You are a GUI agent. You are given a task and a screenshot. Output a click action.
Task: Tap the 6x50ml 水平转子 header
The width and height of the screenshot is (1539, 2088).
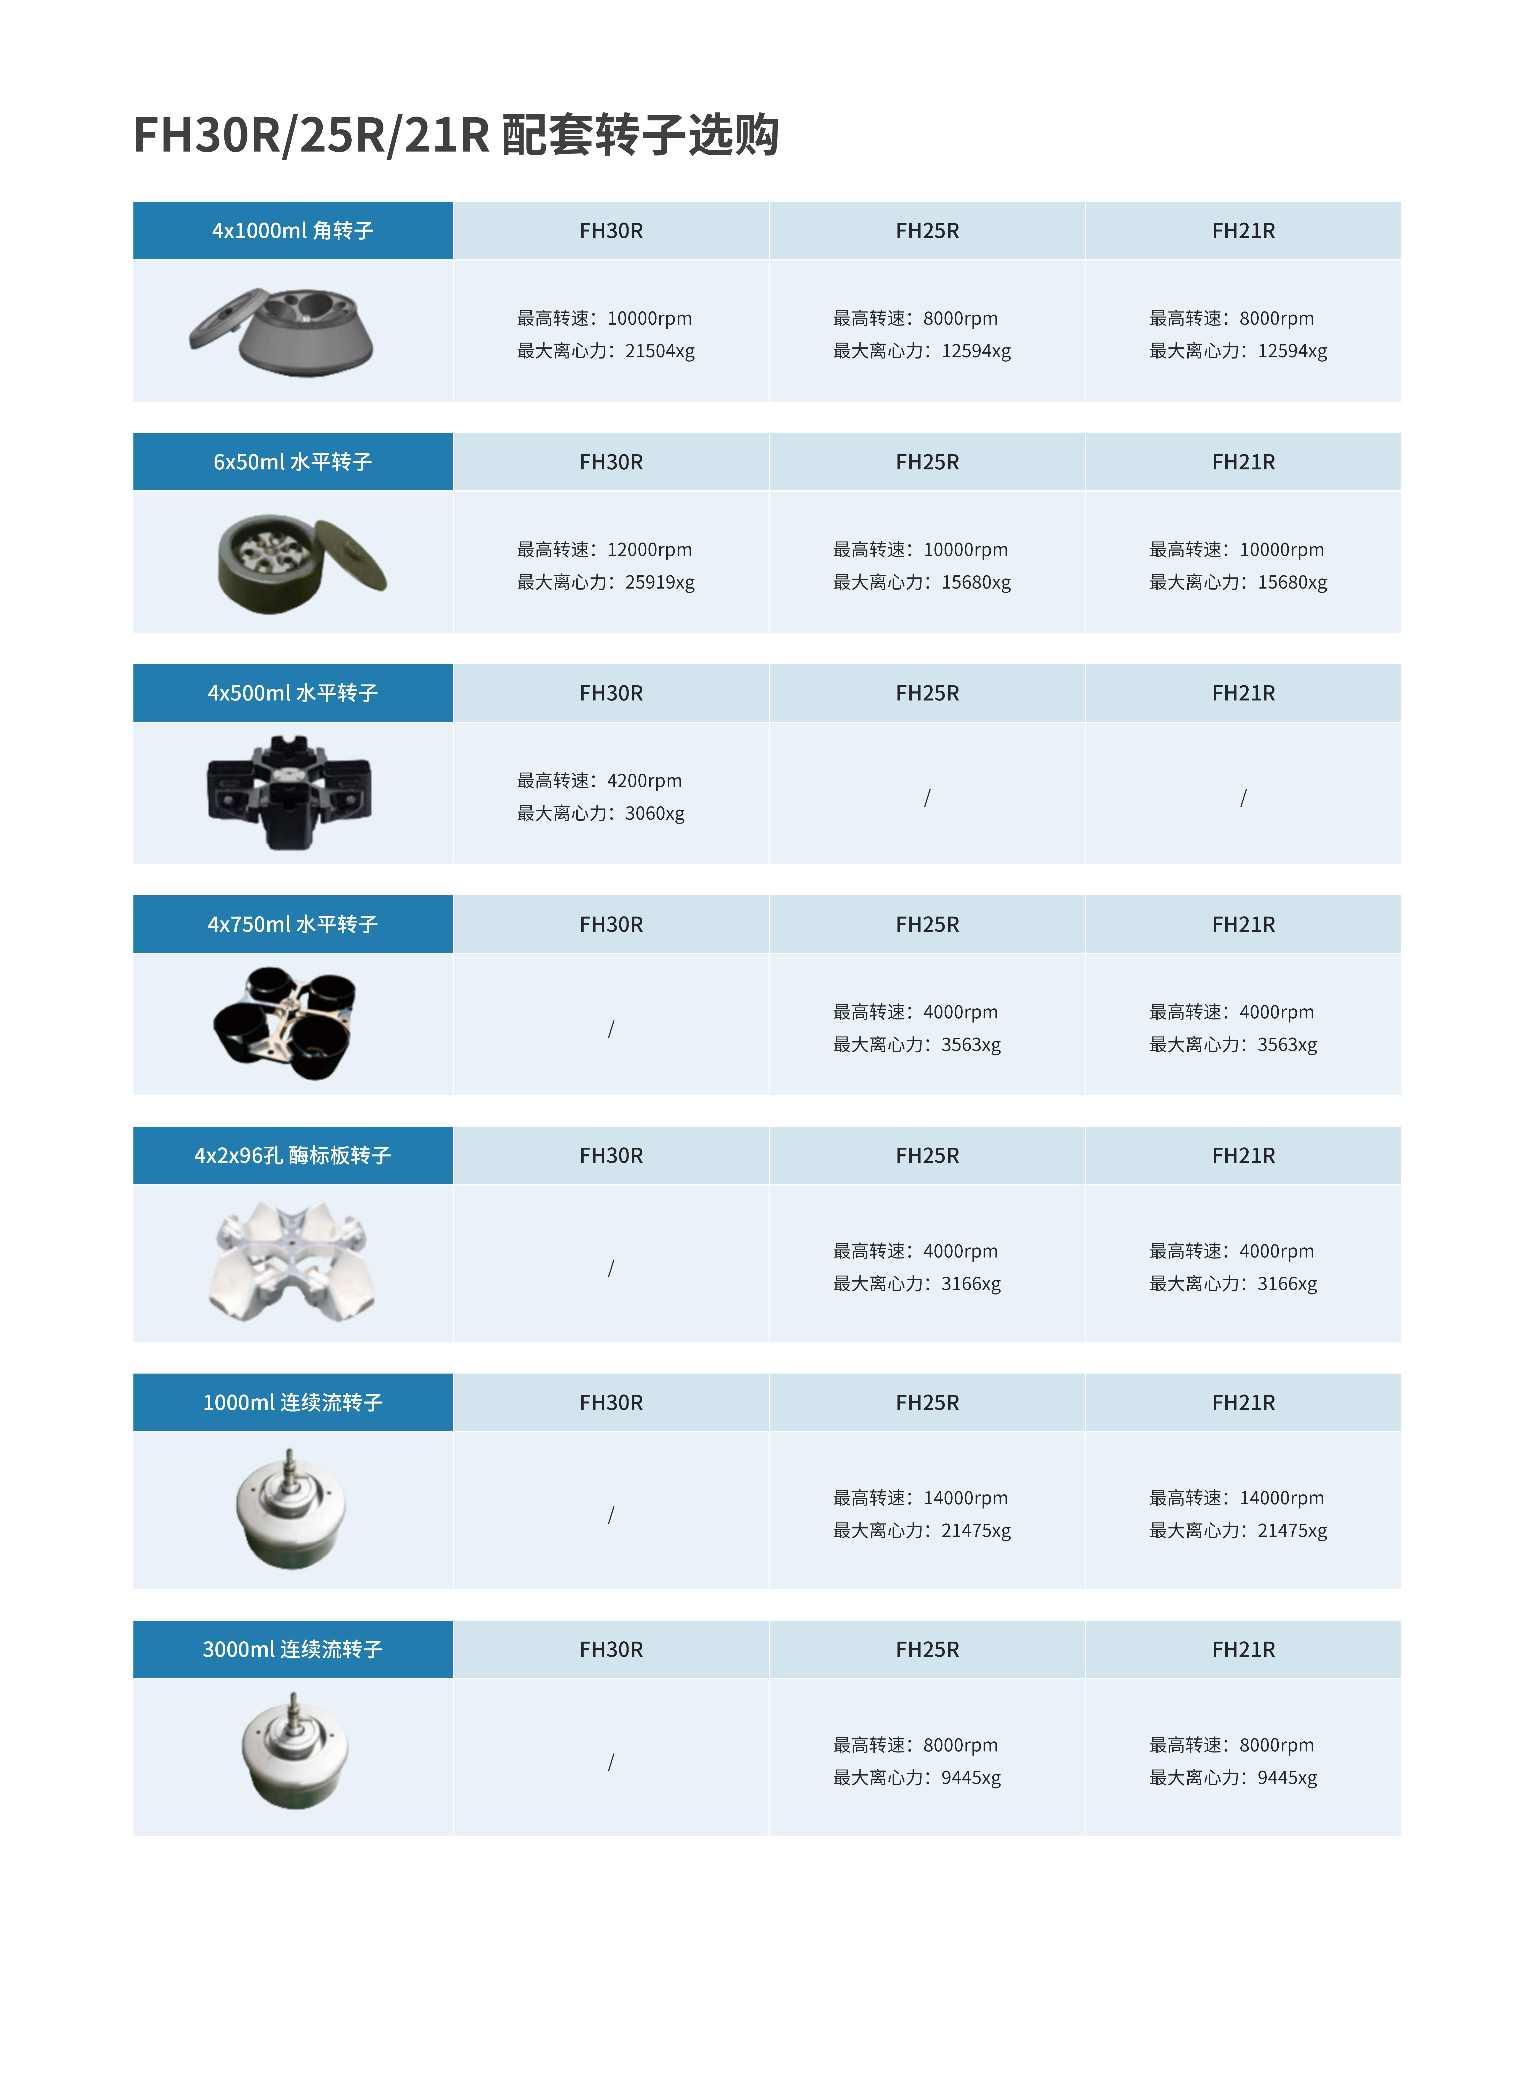[x=292, y=462]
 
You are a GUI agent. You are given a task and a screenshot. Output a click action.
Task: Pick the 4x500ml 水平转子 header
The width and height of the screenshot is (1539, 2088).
[x=292, y=693]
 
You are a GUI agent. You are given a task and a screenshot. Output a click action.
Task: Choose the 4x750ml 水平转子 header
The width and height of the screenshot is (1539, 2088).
[x=292, y=924]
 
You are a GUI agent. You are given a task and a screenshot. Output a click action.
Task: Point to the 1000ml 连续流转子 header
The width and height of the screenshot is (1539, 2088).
[x=292, y=1403]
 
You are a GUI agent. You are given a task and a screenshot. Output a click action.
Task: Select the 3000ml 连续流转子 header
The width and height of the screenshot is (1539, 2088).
[x=292, y=1649]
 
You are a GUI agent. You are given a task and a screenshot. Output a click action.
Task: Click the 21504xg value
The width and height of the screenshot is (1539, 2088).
[x=660, y=351]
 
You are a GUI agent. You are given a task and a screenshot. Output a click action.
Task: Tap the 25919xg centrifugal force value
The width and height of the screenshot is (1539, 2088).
[x=660, y=582]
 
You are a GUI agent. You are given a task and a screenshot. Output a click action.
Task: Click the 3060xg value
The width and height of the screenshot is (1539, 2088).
[x=655, y=813]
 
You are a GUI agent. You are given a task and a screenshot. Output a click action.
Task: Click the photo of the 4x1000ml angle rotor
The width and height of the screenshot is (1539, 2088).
[x=282, y=331]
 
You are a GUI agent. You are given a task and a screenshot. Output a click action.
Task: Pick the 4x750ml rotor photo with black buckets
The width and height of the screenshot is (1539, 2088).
[x=284, y=1023]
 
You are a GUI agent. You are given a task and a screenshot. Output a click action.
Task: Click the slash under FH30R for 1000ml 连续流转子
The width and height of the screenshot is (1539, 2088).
[x=611, y=1515]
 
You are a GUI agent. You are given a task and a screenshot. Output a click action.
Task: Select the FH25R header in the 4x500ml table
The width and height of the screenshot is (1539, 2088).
[x=927, y=693]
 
